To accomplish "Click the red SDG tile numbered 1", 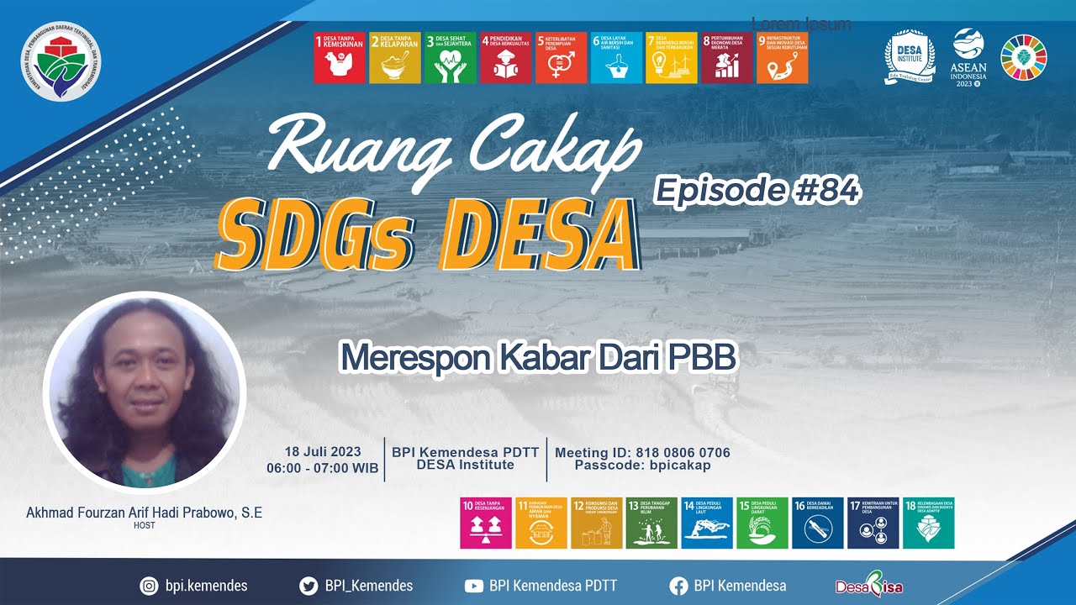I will pyautogui.click(x=340, y=57).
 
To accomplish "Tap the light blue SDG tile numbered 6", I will pyautogui.click(x=616, y=57).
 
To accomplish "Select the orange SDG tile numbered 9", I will pyautogui.click(x=782, y=57).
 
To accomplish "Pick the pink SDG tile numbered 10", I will pyautogui.click(x=486, y=523).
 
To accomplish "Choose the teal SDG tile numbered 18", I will pyautogui.click(x=928, y=523).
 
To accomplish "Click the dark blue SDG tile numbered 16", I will pyautogui.click(x=818, y=523).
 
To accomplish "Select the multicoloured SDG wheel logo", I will pyautogui.click(x=1023, y=56).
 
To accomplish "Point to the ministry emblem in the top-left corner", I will pyautogui.click(x=61, y=61).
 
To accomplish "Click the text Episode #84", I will pyautogui.click(x=757, y=191).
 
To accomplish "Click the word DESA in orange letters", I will pyautogui.click(x=538, y=233).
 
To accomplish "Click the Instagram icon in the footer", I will pyautogui.click(x=149, y=586).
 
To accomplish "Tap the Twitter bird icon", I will pyautogui.click(x=309, y=586).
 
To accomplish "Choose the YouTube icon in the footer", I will pyautogui.click(x=474, y=586).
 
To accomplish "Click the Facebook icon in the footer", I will pyautogui.click(x=678, y=586).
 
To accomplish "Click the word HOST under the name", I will pyautogui.click(x=144, y=526).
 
